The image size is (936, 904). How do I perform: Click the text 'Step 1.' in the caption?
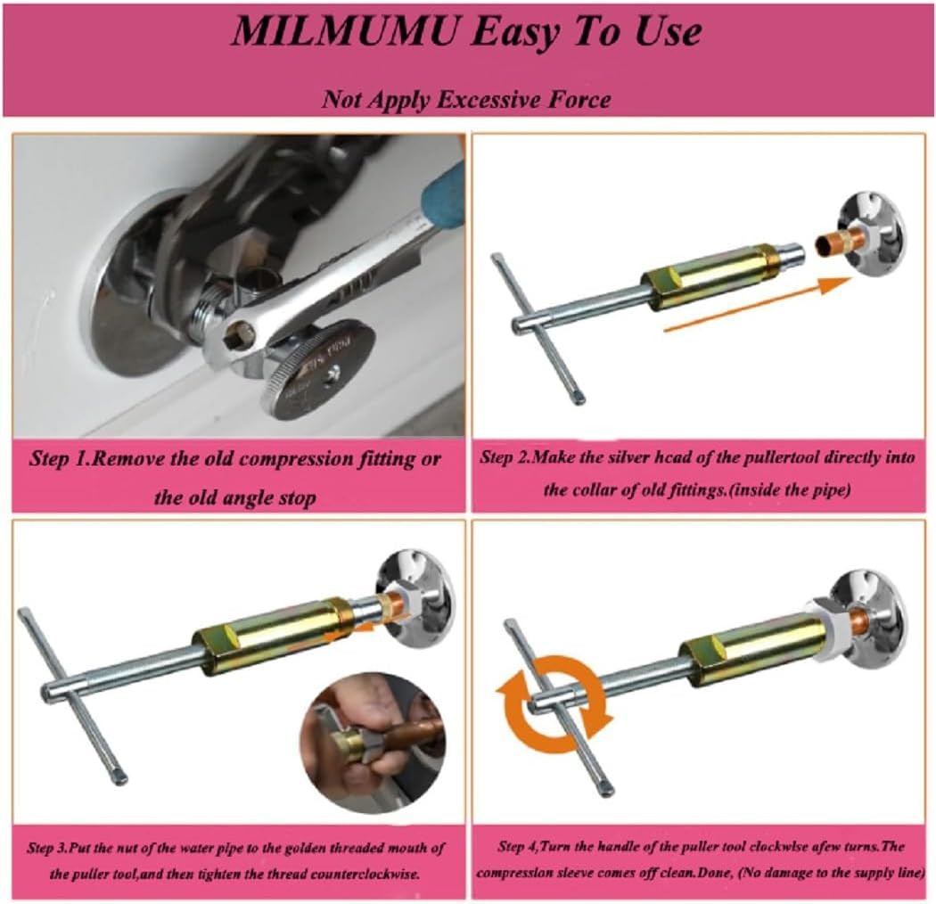(x=60, y=461)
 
